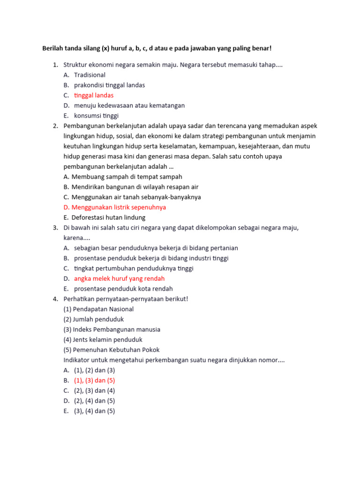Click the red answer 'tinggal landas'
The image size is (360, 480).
click(94, 95)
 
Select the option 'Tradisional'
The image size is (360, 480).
click(90, 75)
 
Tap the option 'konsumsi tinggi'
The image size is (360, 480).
click(96, 116)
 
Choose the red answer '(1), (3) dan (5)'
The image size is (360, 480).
click(94, 380)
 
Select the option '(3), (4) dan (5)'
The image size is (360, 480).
click(94, 411)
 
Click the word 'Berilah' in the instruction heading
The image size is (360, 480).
click(53, 48)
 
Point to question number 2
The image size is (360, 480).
click(55, 126)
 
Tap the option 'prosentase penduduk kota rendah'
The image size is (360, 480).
click(123, 289)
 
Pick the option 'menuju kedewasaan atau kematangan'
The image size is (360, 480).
click(129, 105)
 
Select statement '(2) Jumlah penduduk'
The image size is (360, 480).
click(93, 319)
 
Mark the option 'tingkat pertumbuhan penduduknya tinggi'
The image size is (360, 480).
click(134, 268)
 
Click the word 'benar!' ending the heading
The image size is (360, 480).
click(262, 48)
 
